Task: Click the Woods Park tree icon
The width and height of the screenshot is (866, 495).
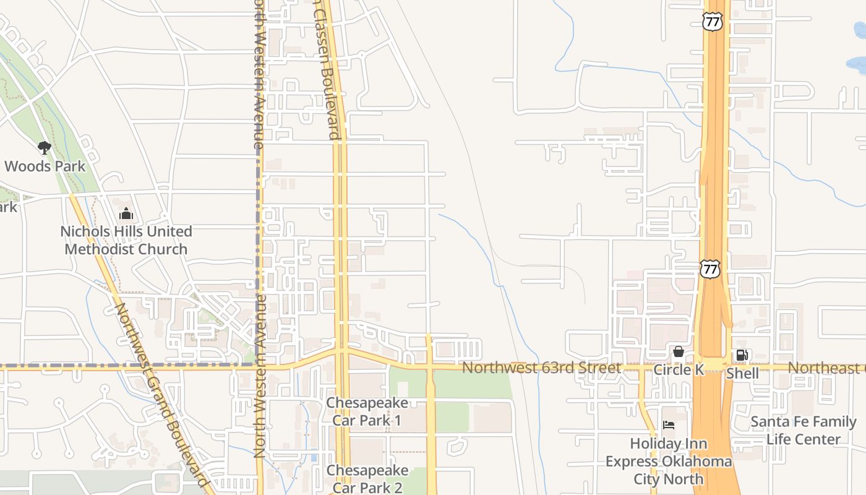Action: click(44, 147)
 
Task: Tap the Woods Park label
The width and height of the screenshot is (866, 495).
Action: click(45, 166)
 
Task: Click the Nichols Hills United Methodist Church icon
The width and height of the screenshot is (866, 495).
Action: click(126, 214)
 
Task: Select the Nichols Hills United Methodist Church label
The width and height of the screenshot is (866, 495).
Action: click(126, 240)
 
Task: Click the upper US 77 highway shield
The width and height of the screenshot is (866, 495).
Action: click(713, 22)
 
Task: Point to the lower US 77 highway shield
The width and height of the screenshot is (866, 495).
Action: click(710, 269)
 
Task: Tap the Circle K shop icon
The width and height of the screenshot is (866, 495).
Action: click(679, 352)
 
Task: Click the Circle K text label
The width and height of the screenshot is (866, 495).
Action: click(679, 370)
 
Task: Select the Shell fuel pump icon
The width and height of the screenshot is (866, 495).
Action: click(742, 355)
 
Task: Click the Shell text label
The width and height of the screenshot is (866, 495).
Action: click(742, 373)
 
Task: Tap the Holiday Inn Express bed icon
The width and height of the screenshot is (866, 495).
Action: click(668, 425)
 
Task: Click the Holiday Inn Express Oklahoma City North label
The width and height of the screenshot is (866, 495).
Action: click(668, 461)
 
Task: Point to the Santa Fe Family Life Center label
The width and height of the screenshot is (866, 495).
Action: click(803, 431)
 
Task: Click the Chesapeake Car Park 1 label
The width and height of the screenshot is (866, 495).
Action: click(367, 411)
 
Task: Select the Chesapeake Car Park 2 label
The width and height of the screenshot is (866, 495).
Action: click(367, 479)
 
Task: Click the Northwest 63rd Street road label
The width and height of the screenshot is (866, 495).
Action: click(541, 368)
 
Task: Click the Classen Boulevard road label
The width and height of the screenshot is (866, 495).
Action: click(327, 68)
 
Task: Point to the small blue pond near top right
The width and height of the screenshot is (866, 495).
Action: click(857, 63)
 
